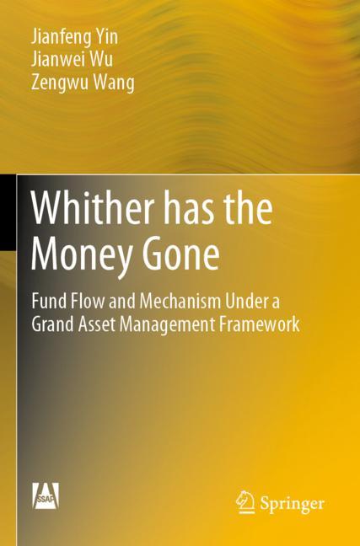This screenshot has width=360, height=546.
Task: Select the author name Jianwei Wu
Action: pyautogui.click(x=69, y=60)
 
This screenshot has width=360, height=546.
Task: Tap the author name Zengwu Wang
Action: pyautogui.click(x=80, y=83)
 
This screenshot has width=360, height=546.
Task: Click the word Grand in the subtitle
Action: pyautogui.click(x=53, y=324)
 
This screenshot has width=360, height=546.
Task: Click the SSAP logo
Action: pyautogui.click(x=46, y=495)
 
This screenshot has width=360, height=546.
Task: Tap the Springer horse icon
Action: pyautogui.click(x=245, y=502)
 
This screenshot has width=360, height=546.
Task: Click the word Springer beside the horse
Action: pyautogui.click(x=292, y=504)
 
